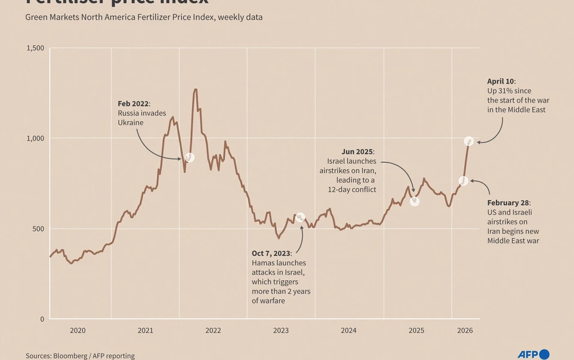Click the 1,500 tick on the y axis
coord(35,48)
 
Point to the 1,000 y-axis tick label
coord(35,138)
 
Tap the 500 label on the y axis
coord(38,229)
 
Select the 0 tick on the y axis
coord(41,319)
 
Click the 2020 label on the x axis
coord(77,331)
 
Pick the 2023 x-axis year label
coord(280,331)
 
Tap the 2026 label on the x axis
coord(465,331)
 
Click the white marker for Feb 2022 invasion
coord(189,157)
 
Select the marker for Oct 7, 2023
coord(300,217)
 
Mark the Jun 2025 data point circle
coord(414,202)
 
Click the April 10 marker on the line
coord(469,141)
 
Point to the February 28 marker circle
coord(463,181)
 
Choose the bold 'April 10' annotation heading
coord(501,81)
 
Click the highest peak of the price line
coord(195,89)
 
